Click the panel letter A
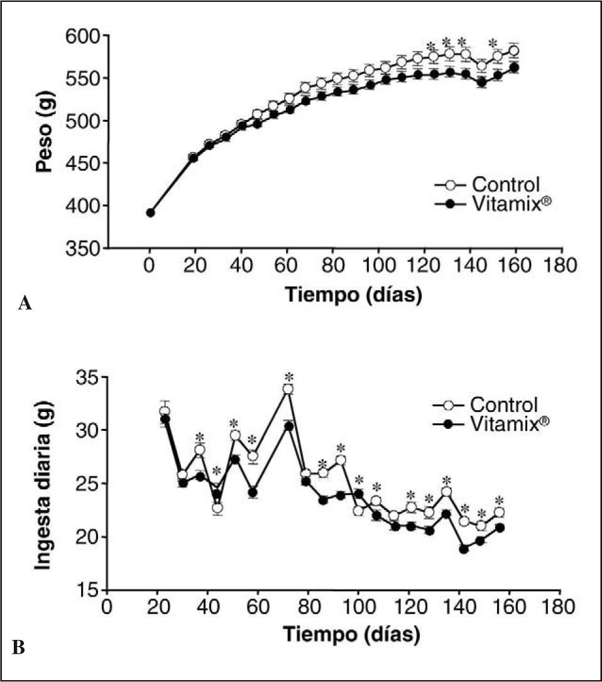tap(25, 305)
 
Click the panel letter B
tap(18, 647)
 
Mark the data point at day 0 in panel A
tap(150, 213)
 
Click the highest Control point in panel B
tap(288, 389)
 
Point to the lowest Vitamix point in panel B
tap(464, 549)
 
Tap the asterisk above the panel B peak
tap(289, 377)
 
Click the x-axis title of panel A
tap(353, 295)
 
